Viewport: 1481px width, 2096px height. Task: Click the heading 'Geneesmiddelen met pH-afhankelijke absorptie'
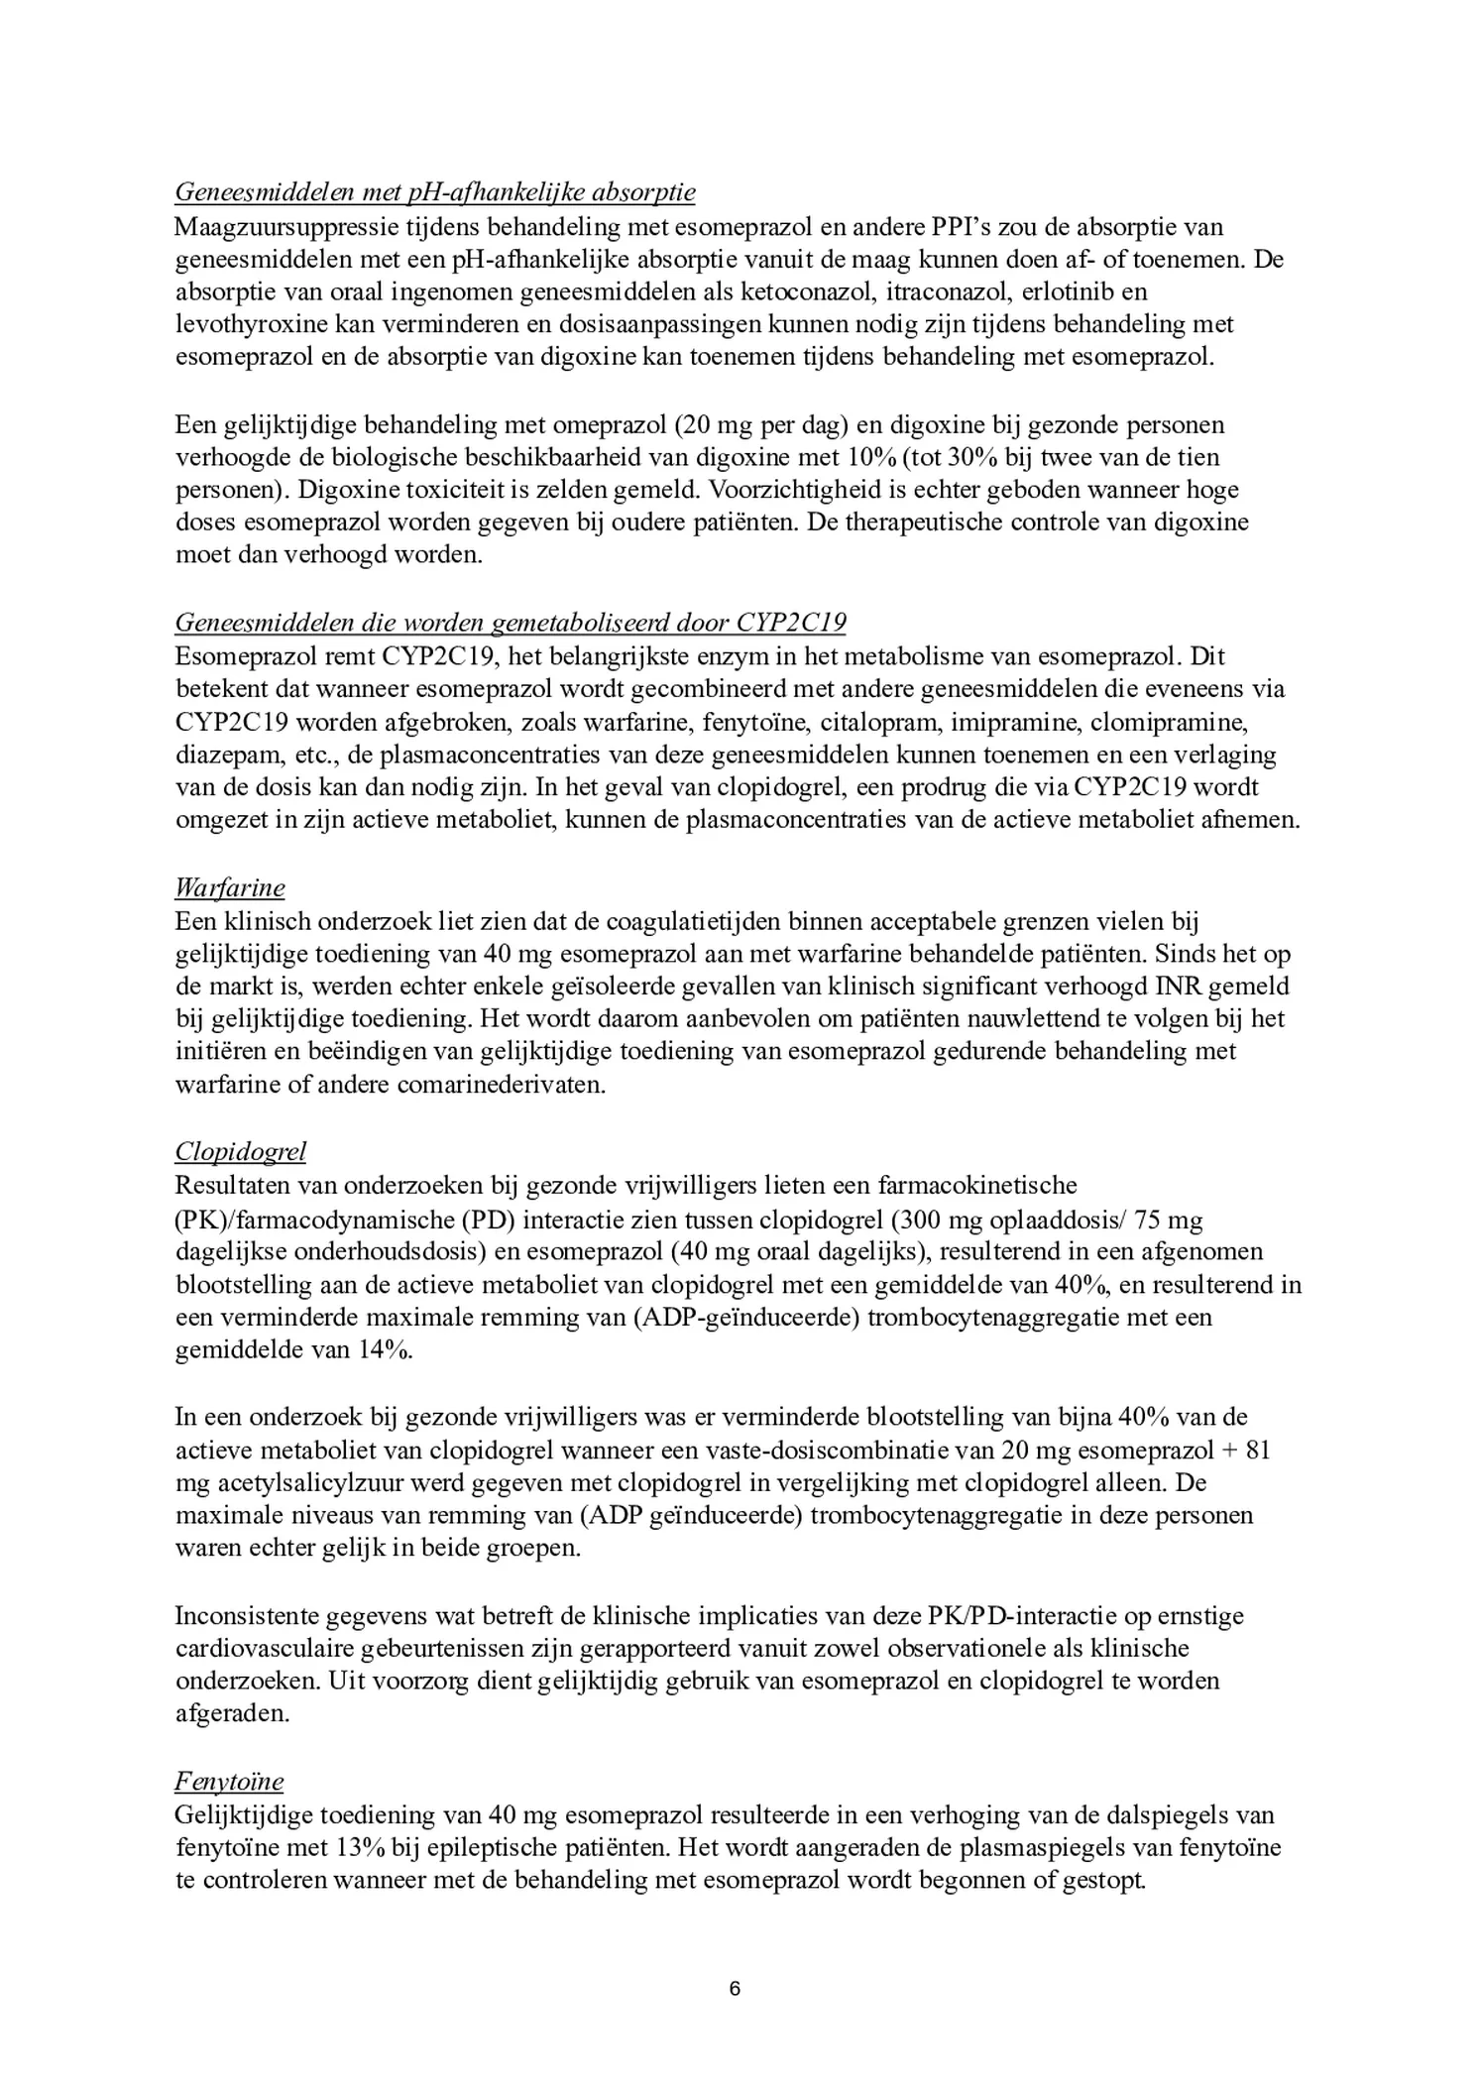[435, 191]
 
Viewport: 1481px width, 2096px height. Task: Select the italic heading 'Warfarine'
[230, 886]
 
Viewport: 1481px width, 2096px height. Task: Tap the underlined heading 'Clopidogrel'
[241, 1151]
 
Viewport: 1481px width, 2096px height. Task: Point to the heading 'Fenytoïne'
[229, 1782]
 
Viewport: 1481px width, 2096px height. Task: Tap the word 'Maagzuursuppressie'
[286, 226]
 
